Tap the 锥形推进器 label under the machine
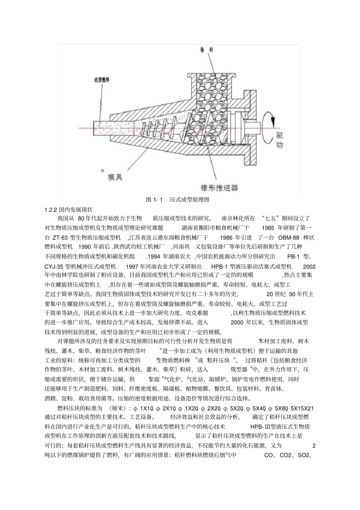pos(219,187)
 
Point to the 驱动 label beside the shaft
pos(279,139)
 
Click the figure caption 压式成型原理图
pos(189,199)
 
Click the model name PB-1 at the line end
pos(293,257)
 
